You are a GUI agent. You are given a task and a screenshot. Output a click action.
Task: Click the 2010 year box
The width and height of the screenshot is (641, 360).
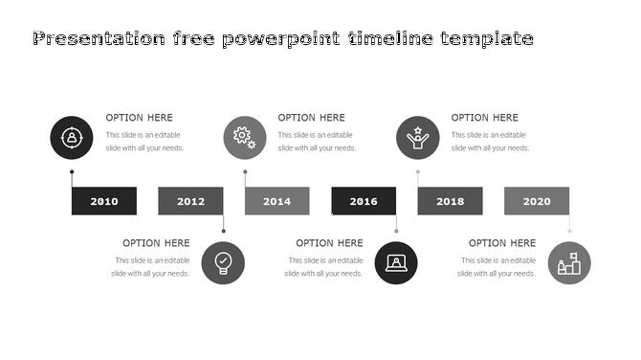(x=104, y=201)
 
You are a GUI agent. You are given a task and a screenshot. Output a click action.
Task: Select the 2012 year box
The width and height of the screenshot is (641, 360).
(x=190, y=201)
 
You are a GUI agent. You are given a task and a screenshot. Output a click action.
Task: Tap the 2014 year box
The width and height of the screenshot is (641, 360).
(x=277, y=201)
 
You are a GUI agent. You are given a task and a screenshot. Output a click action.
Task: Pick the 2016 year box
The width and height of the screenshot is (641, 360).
(x=364, y=201)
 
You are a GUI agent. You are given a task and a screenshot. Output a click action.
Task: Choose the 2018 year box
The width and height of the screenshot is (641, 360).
(x=450, y=201)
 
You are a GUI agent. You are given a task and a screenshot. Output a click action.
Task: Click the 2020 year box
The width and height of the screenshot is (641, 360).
(x=537, y=201)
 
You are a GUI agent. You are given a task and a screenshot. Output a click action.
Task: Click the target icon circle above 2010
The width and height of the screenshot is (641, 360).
(x=72, y=138)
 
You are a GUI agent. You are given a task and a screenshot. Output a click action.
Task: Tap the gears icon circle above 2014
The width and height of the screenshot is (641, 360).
(x=245, y=138)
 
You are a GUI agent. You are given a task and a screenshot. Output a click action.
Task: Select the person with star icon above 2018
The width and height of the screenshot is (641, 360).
(x=418, y=138)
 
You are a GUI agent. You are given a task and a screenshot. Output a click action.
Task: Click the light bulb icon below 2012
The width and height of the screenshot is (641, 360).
(x=223, y=262)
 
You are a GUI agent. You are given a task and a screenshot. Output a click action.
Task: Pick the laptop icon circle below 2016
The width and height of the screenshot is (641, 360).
(x=396, y=262)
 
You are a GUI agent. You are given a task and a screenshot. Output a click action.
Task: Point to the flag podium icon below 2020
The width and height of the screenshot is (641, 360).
(x=569, y=262)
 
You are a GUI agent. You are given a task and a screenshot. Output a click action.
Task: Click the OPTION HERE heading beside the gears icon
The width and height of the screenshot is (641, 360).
(x=312, y=118)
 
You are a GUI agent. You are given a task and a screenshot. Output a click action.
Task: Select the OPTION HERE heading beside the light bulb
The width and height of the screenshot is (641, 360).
(x=156, y=243)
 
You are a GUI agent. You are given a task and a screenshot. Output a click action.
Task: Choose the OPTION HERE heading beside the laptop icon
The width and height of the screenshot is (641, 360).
(x=329, y=243)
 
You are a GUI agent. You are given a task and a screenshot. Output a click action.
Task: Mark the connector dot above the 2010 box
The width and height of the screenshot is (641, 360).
(x=72, y=172)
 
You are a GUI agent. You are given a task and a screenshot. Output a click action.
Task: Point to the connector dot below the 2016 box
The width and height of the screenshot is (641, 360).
(x=396, y=231)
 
